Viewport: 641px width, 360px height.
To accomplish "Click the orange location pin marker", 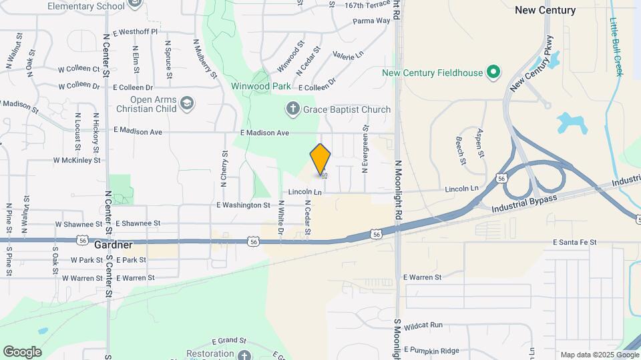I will point(320,159).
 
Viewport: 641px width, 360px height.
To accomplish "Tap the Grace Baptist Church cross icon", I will point(292,109).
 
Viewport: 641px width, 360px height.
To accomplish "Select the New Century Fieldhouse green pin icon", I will point(493,72).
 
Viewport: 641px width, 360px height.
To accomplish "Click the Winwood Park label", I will point(261,87).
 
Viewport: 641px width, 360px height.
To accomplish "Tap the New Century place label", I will point(545,10).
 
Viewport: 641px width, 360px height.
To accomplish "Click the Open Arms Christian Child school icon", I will point(188,103).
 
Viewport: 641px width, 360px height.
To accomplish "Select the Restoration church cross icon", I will point(244,354).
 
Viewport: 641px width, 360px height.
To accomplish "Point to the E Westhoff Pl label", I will point(136,31).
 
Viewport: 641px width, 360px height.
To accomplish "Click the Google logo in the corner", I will point(22,351).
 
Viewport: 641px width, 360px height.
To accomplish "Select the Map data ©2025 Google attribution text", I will point(598,355).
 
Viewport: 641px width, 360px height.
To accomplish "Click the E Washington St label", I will point(243,205).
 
